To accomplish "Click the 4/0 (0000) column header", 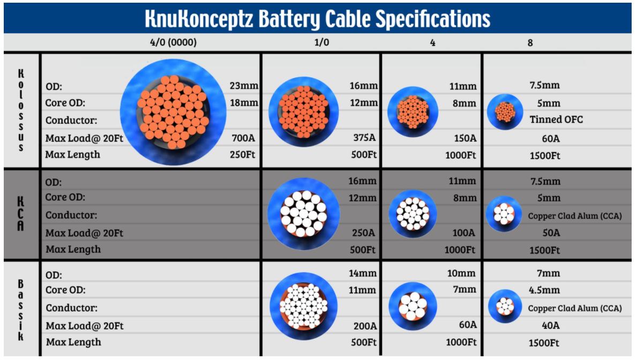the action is point(173,42).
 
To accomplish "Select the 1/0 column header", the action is point(321,42).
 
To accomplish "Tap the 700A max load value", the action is point(243,138).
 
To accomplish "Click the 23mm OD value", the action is point(244,86).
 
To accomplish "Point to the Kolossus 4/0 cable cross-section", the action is point(173,112).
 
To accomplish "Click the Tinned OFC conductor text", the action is point(556,119).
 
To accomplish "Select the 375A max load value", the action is point(364,138).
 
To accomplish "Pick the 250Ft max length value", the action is point(243,155).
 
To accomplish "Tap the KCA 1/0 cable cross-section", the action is point(303,214).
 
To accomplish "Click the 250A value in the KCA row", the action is point(364,233).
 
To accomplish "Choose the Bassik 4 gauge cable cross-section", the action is point(413,306).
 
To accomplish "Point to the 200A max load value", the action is point(365,326).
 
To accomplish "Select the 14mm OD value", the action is point(362,273).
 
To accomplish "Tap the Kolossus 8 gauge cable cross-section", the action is point(505,112).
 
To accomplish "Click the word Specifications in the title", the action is point(433,19).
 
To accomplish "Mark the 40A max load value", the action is point(550,326).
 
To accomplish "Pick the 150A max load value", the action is point(465,138).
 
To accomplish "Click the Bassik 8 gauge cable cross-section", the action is point(505,306).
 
